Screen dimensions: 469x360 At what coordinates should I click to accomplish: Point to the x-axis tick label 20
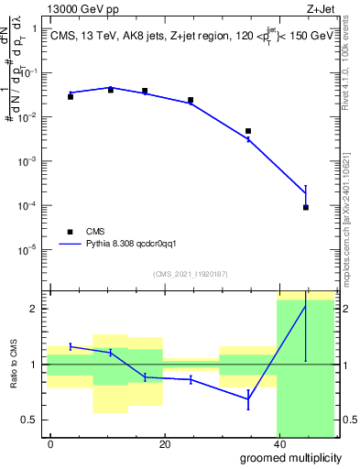point(165,444)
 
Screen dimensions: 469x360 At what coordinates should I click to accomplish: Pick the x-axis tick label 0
point(51,444)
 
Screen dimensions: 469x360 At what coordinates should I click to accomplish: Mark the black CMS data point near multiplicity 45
point(306,207)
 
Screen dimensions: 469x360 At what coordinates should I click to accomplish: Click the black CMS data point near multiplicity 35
point(248,131)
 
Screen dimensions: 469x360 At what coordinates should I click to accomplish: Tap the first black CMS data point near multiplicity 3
point(71,96)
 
